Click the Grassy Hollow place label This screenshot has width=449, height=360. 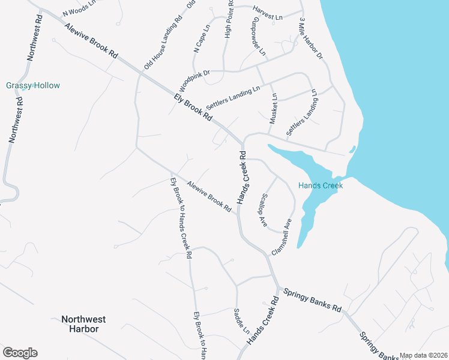pos(33,85)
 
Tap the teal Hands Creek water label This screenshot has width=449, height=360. pos(321,185)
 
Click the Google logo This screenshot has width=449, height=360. pos(20,353)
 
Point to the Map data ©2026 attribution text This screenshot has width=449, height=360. pos(423,355)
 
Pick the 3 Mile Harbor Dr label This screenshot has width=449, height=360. pos(311,38)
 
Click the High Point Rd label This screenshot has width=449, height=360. pos(229,19)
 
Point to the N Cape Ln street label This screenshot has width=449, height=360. pos(202,39)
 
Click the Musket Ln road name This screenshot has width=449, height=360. pos(274,109)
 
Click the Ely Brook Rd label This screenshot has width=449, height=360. pos(193,108)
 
